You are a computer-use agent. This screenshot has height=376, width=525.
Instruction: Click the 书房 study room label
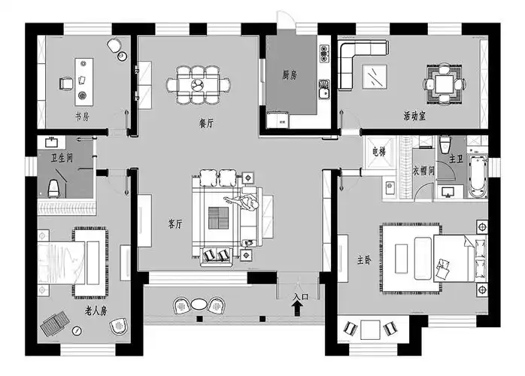click(x=82, y=117)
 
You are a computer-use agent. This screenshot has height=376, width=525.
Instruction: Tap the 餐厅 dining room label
click(x=206, y=123)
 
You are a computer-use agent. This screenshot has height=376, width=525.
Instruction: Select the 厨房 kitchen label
click(x=290, y=75)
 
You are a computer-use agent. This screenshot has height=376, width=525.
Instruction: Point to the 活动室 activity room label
click(x=414, y=116)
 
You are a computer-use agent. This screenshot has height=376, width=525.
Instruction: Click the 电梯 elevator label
click(x=379, y=152)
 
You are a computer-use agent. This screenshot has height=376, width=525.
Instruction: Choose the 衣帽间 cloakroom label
click(x=423, y=171)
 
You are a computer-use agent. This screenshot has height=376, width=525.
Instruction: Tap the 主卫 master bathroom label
click(x=456, y=159)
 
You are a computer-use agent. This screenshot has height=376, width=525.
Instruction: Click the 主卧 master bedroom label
click(x=364, y=260)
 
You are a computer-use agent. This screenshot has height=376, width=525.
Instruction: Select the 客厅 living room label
click(x=175, y=223)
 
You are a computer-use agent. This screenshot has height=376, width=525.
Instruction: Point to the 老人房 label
click(x=96, y=311)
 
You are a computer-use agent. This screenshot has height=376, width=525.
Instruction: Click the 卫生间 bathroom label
click(x=62, y=157)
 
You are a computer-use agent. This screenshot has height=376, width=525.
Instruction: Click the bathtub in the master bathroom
click(x=478, y=176)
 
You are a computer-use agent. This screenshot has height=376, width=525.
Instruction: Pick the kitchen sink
click(x=323, y=89)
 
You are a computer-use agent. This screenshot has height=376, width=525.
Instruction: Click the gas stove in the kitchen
click(x=323, y=53)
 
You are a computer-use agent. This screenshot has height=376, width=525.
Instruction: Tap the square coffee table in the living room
click(x=218, y=218)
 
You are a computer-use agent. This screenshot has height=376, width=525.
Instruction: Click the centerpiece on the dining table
click(x=198, y=84)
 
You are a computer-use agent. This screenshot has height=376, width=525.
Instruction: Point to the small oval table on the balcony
click(x=199, y=305)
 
